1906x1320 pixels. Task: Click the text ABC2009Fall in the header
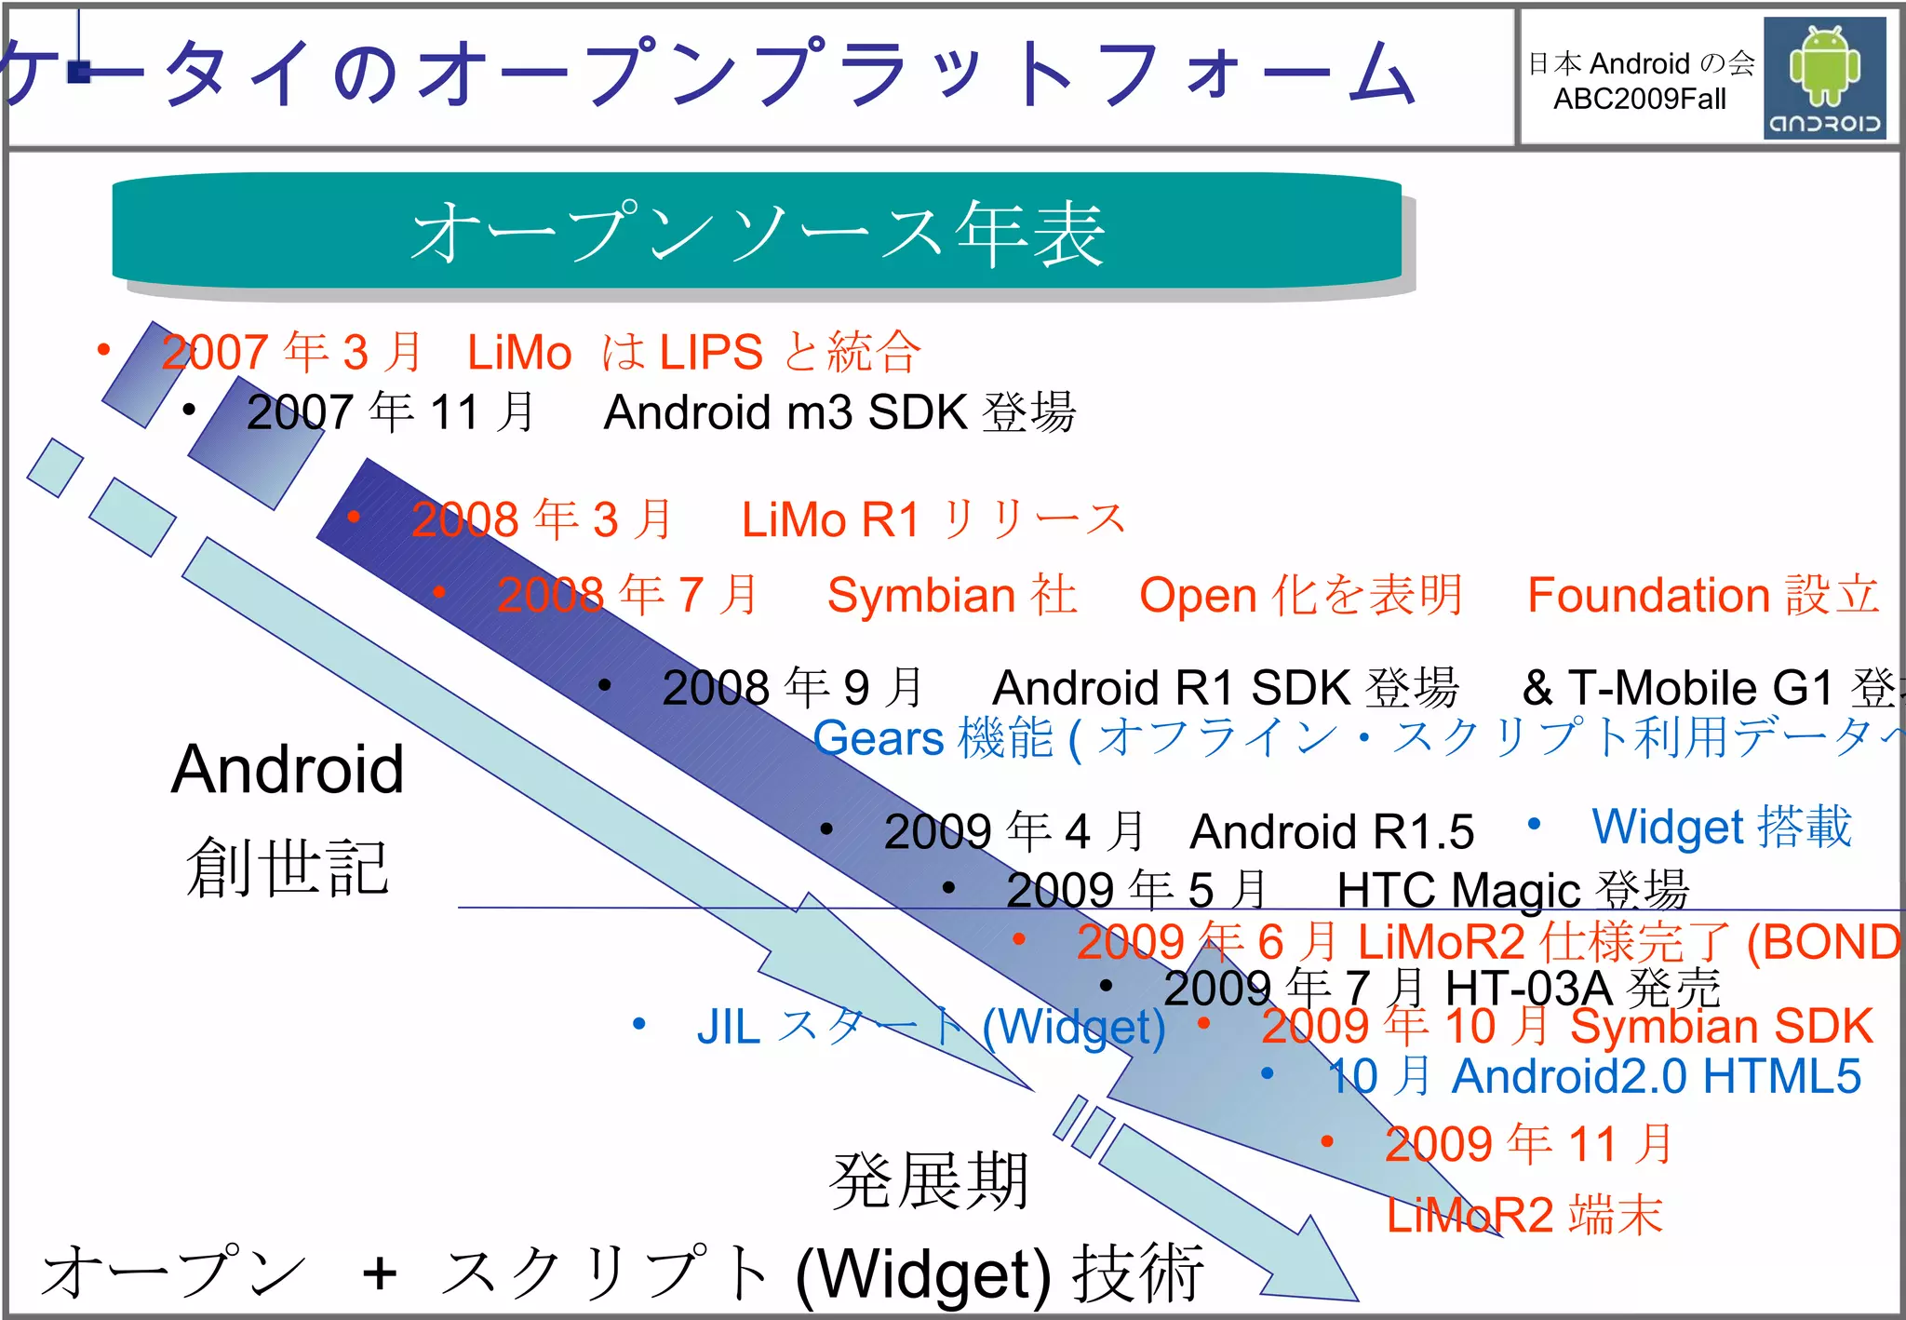[1639, 99]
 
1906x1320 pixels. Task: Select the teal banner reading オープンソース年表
[757, 233]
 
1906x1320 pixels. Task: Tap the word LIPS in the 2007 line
[712, 353]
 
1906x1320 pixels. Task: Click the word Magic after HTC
[1515, 891]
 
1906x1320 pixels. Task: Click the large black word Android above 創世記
[288, 770]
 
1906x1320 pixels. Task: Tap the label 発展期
[929, 1182]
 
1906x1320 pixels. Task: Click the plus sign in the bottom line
[380, 1273]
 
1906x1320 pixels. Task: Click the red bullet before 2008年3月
[354, 517]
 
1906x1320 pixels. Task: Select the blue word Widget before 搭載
[1666, 828]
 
